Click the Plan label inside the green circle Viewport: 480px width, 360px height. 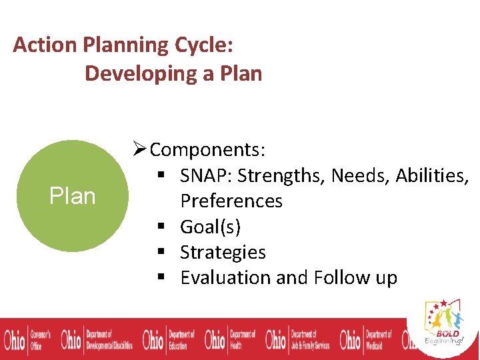72,196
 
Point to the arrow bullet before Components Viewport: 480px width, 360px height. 139,150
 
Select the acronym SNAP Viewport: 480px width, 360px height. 205,175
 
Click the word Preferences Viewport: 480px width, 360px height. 231,201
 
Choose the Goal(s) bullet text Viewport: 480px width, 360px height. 210,227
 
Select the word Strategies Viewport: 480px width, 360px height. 223,253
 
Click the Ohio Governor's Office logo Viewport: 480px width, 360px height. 27,339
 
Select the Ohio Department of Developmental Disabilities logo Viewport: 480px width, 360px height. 97,339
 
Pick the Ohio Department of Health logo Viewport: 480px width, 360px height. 230,339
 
